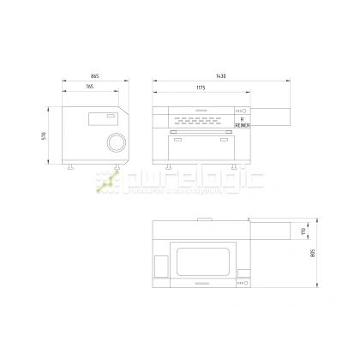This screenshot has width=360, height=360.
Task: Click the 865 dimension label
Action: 92,77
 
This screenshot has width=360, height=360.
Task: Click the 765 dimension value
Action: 89,87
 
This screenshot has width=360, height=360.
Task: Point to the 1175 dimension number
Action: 200,87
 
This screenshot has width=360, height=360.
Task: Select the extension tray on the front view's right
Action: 270,112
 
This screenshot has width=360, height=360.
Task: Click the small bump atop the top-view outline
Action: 205,220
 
